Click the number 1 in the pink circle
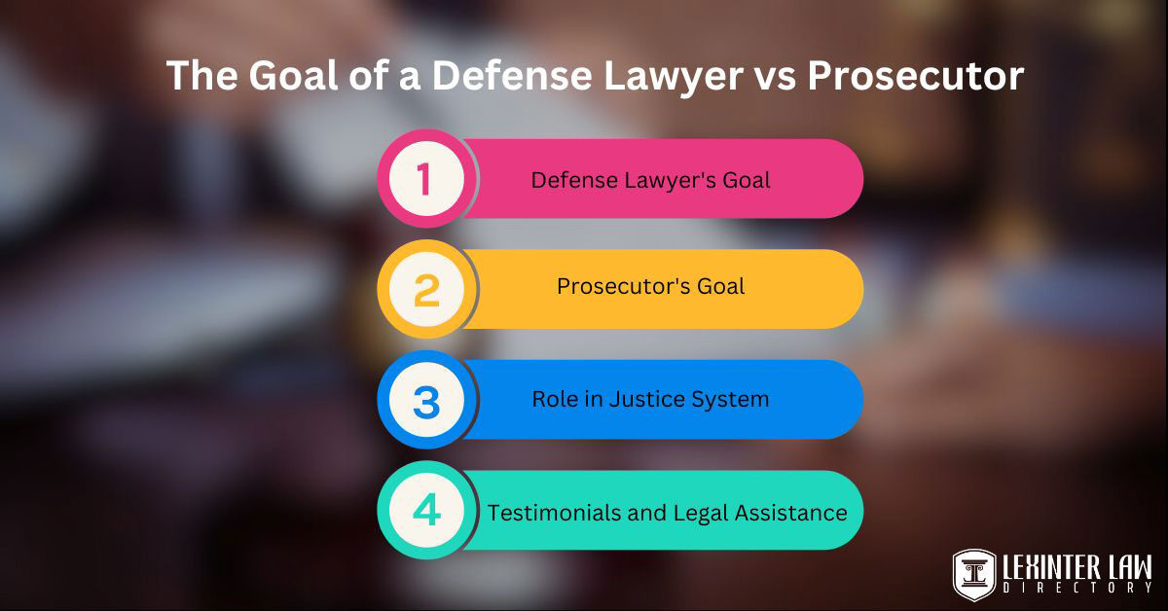(x=423, y=180)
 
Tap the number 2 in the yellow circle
(x=426, y=290)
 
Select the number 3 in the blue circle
(x=426, y=401)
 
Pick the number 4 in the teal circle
(x=426, y=511)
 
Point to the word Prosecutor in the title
(x=915, y=76)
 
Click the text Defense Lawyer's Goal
(x=650, y=180)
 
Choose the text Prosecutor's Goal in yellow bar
(x=650, y=287)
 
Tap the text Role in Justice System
(x=650, y=399)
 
